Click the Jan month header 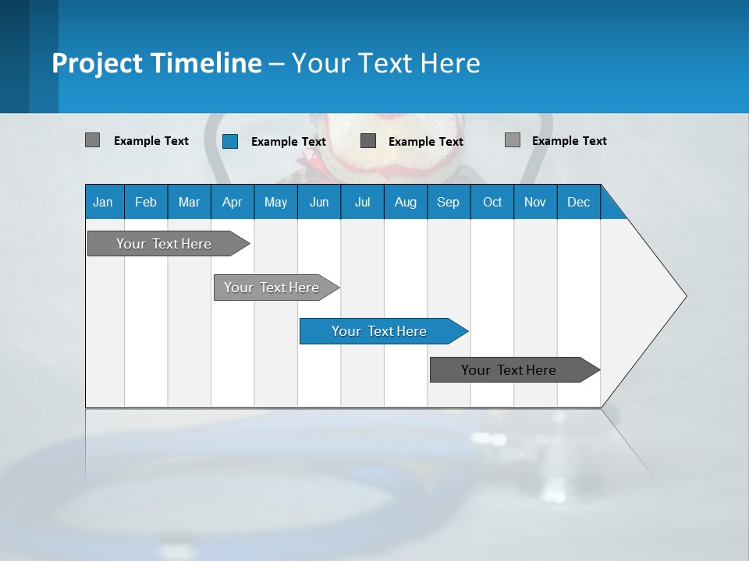point(103,202)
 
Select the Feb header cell point(146,202)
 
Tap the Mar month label point(189,202)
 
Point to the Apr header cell point(233,202)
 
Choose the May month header point(275,202)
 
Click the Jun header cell point(319,202)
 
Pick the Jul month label point(362,202)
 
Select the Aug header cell point(406,202)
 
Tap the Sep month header point(449,202)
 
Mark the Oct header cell point(492,202)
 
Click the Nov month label point(535,202)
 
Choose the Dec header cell point(579,202)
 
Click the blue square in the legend point(230,141)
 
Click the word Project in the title point(97,63)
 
